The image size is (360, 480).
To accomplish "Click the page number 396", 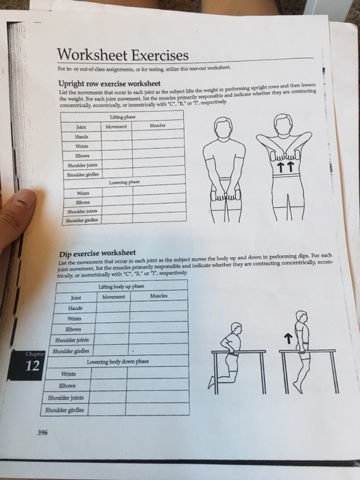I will (x=43, y=433).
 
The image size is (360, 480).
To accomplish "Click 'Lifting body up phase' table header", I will (x=121, y=285).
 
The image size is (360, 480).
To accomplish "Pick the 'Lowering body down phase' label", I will (x=117, y=361).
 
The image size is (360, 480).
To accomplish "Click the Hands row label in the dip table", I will (x=75, y=308).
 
